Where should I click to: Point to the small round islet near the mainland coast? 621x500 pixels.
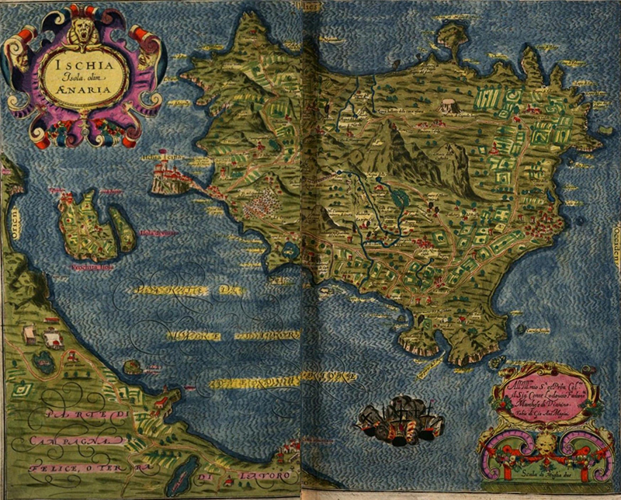pyautogui.click(x=133, y=365)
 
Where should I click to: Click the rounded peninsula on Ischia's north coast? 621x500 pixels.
pyautogui.click(x=450, y=34)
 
